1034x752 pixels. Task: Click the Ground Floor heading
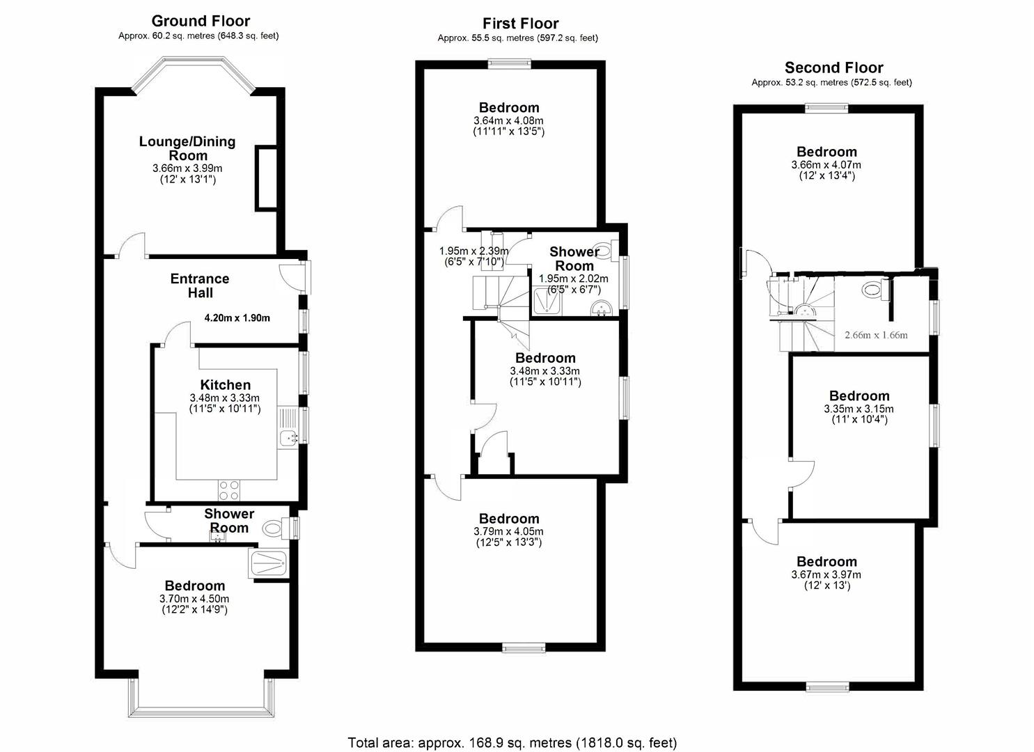pyautogui.click(x=201, y=21)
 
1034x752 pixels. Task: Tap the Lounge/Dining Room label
pyautogui.click(x=187, y=148)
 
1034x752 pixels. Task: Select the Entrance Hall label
pyautogui.click(x=200, y=285)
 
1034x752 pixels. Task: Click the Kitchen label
pyautogui.click(x=225, y=385)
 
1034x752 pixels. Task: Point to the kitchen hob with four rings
pyautogui.click(x=230, y=491)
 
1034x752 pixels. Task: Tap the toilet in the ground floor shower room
pyautogui.click(x=273, y=529)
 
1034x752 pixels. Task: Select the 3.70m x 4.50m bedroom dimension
pyautogui.click(x=194, y=599)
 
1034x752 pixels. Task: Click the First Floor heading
pyautogui.click(x=521, y=23)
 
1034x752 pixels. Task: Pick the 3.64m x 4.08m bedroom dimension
pyautogui.click(x=508, y=120)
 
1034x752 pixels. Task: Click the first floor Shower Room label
pyautogui.click(x=574, y=258)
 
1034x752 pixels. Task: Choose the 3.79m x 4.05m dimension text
pyautogui.click(x=508, y=532)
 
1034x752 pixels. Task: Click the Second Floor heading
pyautogui.click(x=833, y=68)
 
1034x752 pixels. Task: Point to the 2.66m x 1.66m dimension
pyautogui.click(x=876, y=335)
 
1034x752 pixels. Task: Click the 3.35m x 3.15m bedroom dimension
pyautogui.click(x=859, y=409)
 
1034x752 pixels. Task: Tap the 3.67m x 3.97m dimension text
pyautogui.click(x=826, y=575)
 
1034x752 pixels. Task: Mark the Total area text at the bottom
pyautogui.click(x=512, y=742)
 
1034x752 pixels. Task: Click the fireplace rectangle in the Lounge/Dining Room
pyautogui.click(x=267, y=178)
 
